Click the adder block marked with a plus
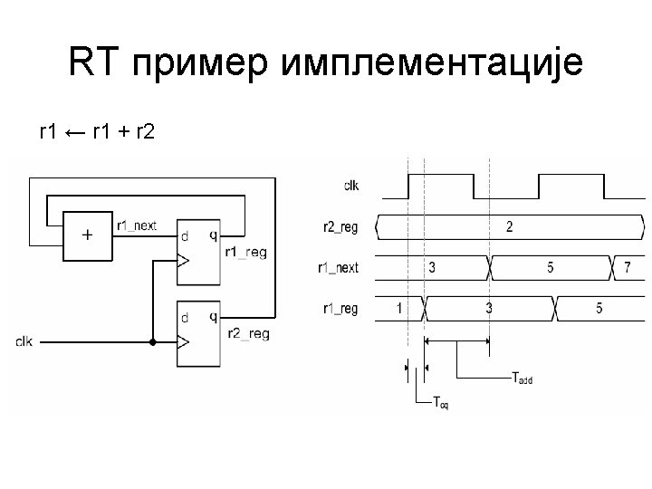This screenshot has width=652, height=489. pos(87,235)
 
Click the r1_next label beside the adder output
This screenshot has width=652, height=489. pos(137,225)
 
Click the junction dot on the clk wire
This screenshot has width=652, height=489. pos(152,342)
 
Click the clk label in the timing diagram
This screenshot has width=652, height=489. pos(350,186)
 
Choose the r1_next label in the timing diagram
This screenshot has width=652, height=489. pos(338,268)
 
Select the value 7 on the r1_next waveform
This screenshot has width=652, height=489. pos(628,267)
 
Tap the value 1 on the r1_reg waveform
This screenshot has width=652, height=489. pos(399,308)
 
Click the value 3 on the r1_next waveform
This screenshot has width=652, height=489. pos(432,267)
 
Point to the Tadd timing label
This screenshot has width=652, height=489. pos(523,379)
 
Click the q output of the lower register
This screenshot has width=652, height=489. pos(213,317)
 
